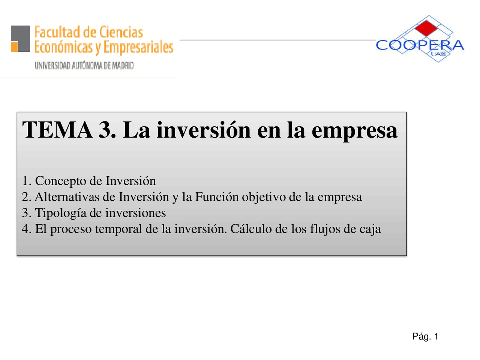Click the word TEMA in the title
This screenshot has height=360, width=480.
(58, 130)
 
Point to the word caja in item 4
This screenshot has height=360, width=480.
(370, 229)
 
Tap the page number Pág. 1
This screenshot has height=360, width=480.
(425, 336)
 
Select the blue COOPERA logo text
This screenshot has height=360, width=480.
(420, 45)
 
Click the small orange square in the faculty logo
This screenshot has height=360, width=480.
(14, 47)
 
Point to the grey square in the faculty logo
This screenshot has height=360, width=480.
(22, 36)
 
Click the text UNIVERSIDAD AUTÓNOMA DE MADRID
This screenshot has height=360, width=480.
(84, 66)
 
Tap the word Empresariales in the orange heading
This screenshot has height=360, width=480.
(138, 48)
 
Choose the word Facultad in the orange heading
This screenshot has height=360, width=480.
(57, 32)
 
